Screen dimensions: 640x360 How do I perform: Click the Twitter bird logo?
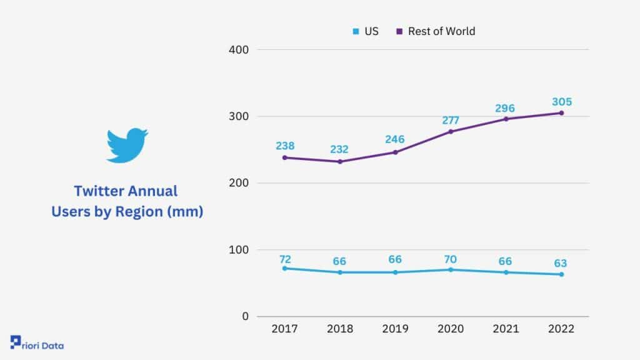click(x=127, y=145)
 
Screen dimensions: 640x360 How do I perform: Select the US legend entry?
click(x=366, y=31)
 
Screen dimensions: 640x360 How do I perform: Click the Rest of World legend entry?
click(x=436, y=31)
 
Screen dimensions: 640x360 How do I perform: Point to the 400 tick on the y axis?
click(x=239, y=50)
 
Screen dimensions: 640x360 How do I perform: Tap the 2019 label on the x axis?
click(x=395, y=329)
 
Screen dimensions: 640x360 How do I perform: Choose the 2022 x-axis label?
click(x=561, y=329)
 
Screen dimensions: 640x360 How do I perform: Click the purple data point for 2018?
click(x=340, y=162)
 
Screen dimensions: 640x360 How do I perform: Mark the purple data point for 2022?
click(x=562, y=113)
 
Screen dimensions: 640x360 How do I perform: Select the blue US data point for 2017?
click(x=285, y=269)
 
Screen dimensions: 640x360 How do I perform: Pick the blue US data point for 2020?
click(x=451, y=270)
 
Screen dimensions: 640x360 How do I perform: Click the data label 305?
click(x=562, y=102)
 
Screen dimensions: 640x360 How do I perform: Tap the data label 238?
click(x=285, y=146)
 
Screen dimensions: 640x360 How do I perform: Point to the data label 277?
click(x=451, y=121)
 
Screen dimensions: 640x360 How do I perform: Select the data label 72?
click(x=285, y=259)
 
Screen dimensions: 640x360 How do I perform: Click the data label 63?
click(x=561, y=263)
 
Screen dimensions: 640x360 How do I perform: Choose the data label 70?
click(x=450, y=259)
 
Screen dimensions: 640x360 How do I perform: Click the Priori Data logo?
click(x=37, y=343)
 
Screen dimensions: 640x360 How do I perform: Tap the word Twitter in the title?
click(x=99, y=191)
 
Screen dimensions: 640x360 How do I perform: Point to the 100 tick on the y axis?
click(x=239, y=250)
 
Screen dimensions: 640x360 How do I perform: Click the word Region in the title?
click(x=139, y=212)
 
